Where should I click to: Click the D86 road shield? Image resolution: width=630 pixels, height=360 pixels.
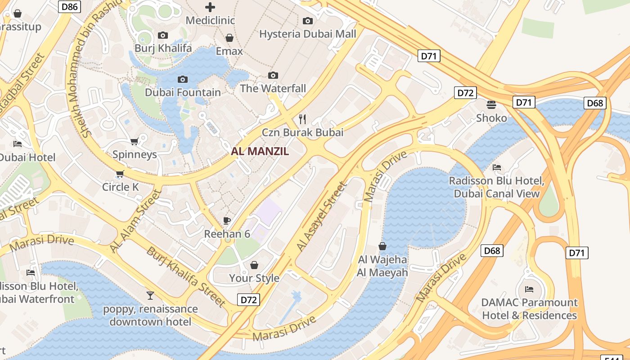tap(69, 6)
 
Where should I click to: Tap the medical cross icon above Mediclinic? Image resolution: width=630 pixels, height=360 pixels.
tap(210, 7)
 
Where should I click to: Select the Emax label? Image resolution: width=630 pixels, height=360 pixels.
tap(229, 51)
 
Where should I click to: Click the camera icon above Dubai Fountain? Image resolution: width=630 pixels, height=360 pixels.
tap(183, 80)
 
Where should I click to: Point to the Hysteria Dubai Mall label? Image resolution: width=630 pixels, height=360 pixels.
tap(307, 34)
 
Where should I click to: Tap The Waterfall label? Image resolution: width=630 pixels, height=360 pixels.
tap(273, 88)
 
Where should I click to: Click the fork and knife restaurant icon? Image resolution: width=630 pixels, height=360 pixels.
tap(302, 119)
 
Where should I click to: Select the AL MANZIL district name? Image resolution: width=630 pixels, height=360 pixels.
tap(260, 151)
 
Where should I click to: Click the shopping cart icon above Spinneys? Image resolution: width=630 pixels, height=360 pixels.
tap(134, 142)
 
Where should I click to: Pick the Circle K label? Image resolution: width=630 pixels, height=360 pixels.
tap(120, 187)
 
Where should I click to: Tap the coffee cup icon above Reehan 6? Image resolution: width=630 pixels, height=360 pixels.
tap(227, 220)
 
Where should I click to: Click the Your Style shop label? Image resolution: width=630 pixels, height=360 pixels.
tap(254, 278)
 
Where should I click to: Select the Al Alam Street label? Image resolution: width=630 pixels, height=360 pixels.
tap(135, 221)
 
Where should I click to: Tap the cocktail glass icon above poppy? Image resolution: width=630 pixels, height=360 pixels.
tap(150, 296)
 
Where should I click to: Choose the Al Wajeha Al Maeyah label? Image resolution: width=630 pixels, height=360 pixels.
tap(382, 266)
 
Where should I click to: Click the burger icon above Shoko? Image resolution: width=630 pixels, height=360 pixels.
tap(491, 105)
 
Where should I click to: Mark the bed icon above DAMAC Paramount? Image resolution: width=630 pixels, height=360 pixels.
tap(529, 289)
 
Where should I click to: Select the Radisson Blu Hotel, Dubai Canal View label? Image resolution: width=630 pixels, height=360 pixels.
tap(496, 187)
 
